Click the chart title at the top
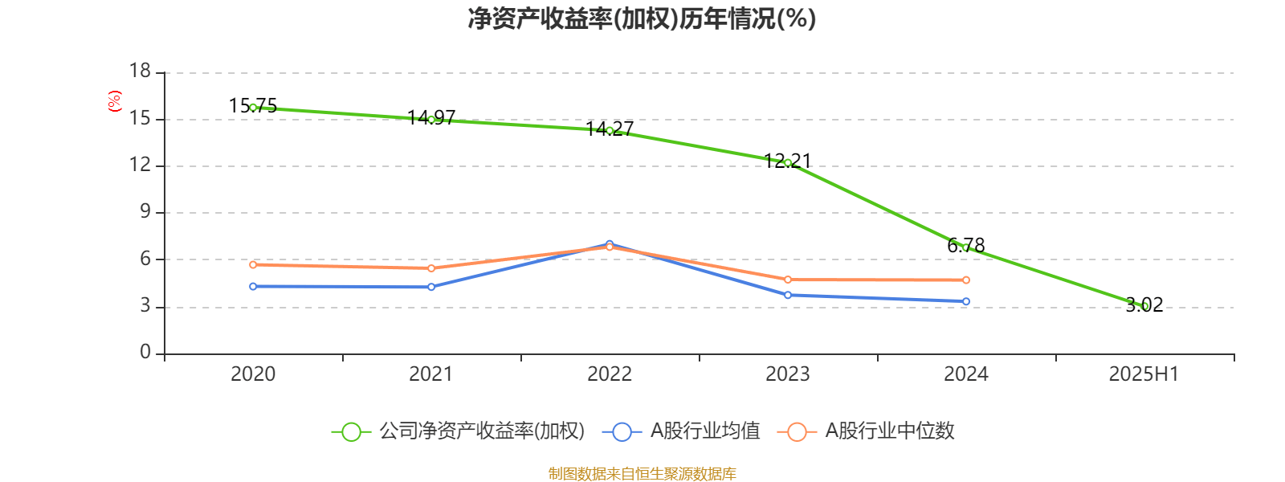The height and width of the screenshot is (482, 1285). (x=642, y=18)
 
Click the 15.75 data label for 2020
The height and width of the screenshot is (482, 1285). (x=253, y=105)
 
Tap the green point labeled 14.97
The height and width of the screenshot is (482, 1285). (x=431, y=120)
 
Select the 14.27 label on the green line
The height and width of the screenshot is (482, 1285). (x=610, y=129)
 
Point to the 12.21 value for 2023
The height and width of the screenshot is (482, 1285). (x=788, y=161)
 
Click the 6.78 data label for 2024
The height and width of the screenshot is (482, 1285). (x=966, y=245)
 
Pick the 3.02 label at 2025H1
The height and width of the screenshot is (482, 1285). (x=1144, y=304)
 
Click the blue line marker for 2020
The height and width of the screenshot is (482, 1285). (x=253, y=287)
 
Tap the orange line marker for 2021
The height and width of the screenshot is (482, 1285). (x=431, y=268)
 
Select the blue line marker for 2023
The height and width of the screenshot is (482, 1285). (x=788, y=295)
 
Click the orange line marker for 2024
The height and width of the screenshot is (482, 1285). (x=966, y=280)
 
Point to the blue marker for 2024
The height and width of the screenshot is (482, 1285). (x=966, y=302)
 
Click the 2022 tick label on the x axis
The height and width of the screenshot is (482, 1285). (x=610, y=374)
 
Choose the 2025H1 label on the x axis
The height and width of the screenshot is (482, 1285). (x=1144, y=374)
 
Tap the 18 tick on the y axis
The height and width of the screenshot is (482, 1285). (x=141, y=71)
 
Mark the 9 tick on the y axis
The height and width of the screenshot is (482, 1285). (x=145, y=212)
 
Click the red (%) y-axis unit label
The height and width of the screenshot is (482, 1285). (x=115, y=101)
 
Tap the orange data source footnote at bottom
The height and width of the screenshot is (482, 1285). (x=642, y=474)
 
